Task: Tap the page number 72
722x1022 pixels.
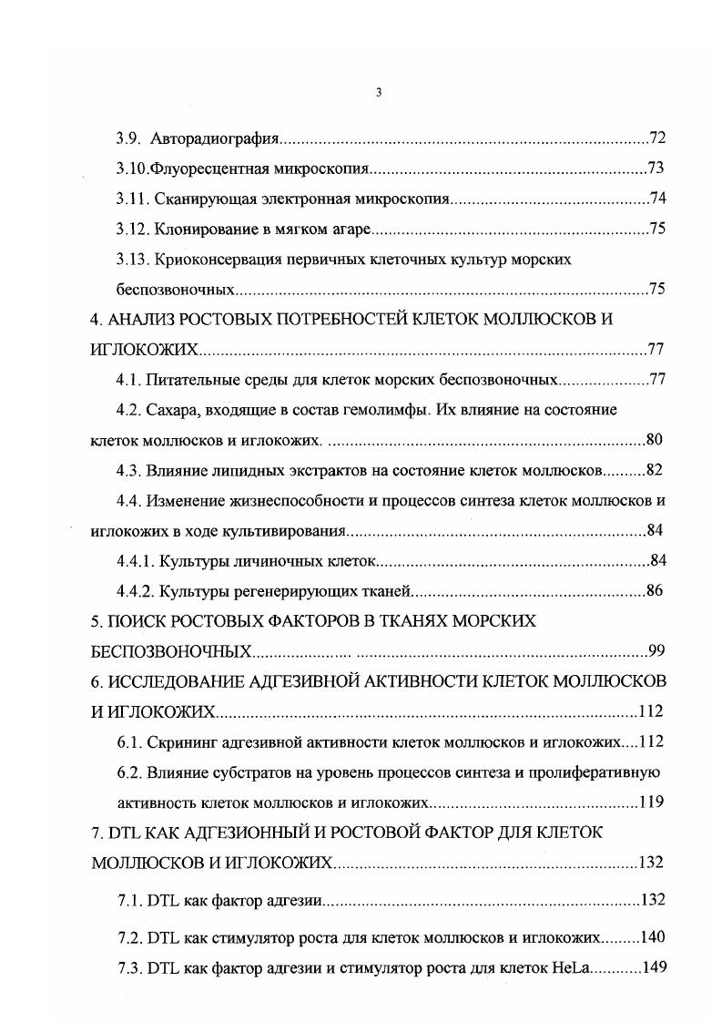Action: [x=658, y=138]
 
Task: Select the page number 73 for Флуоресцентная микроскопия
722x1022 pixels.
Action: [x=656, y=169]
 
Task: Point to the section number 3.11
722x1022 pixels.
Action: [x=133, y=199]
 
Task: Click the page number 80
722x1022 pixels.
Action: [x=654, y=440]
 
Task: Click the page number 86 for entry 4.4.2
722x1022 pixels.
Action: [x=654, y=590]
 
